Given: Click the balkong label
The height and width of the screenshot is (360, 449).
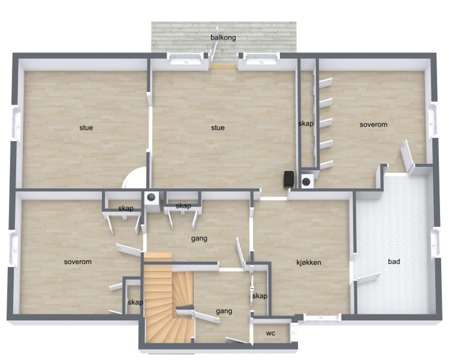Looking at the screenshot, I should [223, 38].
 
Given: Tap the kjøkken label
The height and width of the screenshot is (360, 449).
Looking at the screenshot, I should [308, 262].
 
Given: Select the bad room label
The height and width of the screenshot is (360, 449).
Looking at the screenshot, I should [394, 261].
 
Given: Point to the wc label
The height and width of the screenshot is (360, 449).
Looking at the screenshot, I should [270, 334].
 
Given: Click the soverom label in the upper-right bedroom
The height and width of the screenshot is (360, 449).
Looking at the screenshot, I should [373, 125].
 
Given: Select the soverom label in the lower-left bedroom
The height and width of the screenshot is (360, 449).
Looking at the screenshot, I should [78, 262].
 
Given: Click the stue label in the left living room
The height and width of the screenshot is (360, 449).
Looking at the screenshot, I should [86, 127].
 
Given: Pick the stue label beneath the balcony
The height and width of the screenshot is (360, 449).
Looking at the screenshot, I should [218, 127].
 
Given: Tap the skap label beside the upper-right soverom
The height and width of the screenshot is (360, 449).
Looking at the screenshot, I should [306, 124].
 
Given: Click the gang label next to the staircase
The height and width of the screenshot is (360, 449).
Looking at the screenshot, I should [224, 311].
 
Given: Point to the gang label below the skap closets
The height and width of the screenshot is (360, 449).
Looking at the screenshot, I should [199, 238].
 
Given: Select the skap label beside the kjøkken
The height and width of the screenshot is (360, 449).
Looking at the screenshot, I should [259, 296].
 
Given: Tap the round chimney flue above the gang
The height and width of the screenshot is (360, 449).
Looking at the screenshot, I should [152, 198].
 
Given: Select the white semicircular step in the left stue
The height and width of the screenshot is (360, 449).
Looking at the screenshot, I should [135, 179].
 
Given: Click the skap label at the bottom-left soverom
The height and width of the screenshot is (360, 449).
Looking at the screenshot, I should [135, 302].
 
